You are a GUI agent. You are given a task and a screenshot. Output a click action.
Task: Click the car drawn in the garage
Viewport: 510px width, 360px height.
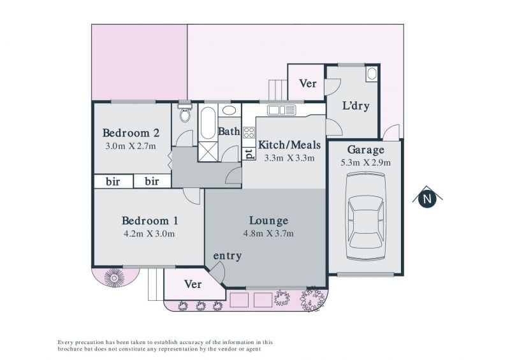pyautogui.click(x=365, y=216)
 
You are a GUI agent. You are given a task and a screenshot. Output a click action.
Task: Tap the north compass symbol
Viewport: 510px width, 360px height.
pyautogui.click(x=427, y=197)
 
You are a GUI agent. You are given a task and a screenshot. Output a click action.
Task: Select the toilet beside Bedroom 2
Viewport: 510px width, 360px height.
pyautogui.click(x=185, y=112)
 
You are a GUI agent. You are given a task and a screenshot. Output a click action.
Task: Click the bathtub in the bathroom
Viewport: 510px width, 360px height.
pyautogui.click(x=208, y=123)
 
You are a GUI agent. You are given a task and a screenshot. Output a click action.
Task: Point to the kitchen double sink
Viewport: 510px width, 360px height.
pyautogui.click(x=282, y=110)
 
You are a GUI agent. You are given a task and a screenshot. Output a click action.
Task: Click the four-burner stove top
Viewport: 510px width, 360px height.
pyautogui.click(x=249, y=133)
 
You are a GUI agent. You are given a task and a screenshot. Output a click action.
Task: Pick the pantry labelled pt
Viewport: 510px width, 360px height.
pyautogui.click(x=249, y=154)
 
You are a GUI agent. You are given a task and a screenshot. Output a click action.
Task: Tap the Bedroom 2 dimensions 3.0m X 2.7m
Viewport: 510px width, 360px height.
pyautogui.click(x=131, y=146)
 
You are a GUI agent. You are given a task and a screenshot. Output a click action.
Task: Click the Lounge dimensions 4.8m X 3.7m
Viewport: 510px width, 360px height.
pyautogui.click(x=268, y=233)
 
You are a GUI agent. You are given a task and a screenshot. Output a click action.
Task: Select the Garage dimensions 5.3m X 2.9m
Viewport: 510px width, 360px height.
pyautogui.click(x=365, y=162)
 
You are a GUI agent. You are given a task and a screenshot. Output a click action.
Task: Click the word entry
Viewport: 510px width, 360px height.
pyautogui.click(x=228, y=256)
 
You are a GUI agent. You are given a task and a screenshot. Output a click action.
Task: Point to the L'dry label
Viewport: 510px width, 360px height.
pyautogui.click(x=356, y=106)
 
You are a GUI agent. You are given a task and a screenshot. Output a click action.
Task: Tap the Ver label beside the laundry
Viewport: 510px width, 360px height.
pyautogui.click(x=308, y=83)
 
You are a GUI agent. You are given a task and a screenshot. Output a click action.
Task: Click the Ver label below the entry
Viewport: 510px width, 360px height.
pyautogui.click(x=193, y=284)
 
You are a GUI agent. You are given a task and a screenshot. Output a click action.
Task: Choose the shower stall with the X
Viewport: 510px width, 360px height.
pyautogui.click(x=208, y=151)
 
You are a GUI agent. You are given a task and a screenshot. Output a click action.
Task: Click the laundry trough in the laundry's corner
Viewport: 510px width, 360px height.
pyautogui.click(x=372, y=74)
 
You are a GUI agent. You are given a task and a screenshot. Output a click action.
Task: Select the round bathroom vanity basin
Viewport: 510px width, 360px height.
pyautogui.click(x=229, y=110)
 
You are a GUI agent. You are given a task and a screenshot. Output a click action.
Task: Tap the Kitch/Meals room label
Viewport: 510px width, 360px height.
pyautogui.click(x=289, y=145)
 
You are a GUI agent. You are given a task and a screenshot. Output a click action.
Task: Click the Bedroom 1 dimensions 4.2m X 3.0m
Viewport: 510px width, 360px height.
pyautogui.click(x=149, y=233)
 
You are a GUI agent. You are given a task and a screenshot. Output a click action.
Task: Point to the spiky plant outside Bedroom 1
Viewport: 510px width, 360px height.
pyautogui.click(x=114, y=278)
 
